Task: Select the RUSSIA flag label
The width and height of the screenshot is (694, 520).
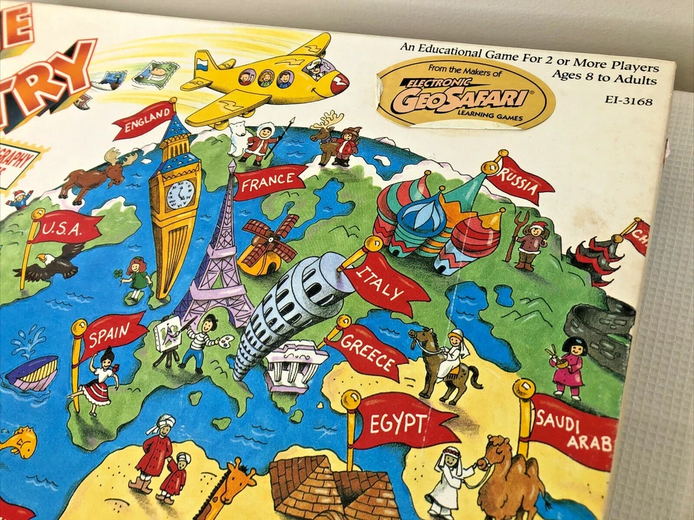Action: click(x=519, y=182)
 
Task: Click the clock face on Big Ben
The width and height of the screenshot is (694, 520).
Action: click(x=181, y=194)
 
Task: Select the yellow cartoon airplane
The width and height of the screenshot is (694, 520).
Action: click(x=267, y=79)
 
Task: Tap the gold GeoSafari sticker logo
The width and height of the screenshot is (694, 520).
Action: click(x=466, y=92)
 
